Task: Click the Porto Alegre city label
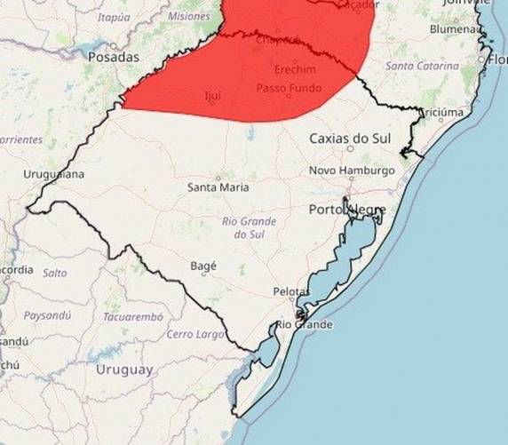coord(347,210)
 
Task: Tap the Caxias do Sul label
coord(351,139)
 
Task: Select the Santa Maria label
coord(218,187)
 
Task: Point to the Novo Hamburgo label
coord(352,171)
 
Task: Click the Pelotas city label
coord(292,292)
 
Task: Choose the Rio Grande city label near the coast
coord(304,325)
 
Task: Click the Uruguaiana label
coord(53,174)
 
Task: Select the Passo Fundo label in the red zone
coord(290,89)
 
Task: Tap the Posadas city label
coord(114,57)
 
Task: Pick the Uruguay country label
coord(124,370)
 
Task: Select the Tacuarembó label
coord(133,316)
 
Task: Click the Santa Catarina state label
coord(422,66)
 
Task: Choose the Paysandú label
coord(47,315)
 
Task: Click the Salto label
coord(55,273)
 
